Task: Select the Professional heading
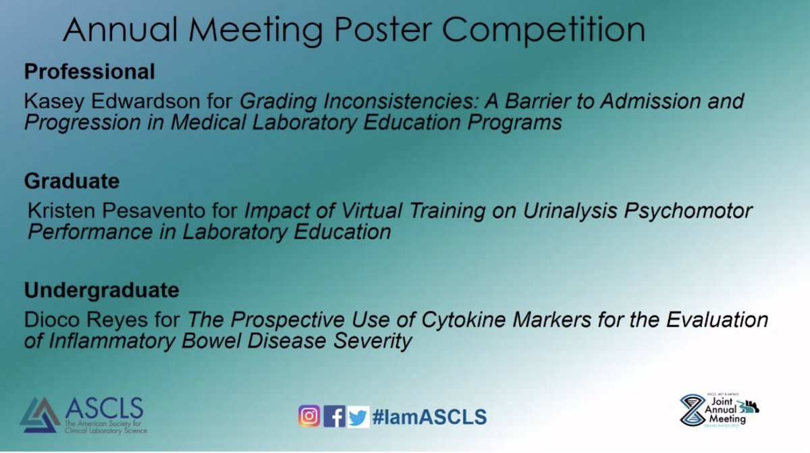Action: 89,71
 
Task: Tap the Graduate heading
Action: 72,181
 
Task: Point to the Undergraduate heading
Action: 102,291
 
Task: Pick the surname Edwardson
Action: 145,101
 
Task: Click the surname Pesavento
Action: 153,211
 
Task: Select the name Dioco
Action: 52,319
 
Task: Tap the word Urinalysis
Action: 570,211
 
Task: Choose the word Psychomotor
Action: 688,211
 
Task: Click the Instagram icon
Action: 309,416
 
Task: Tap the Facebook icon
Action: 334,416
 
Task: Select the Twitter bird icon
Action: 358,417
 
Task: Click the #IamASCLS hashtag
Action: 429,417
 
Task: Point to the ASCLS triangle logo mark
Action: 40,415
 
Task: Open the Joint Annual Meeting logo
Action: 719,410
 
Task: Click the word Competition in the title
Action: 543,30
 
